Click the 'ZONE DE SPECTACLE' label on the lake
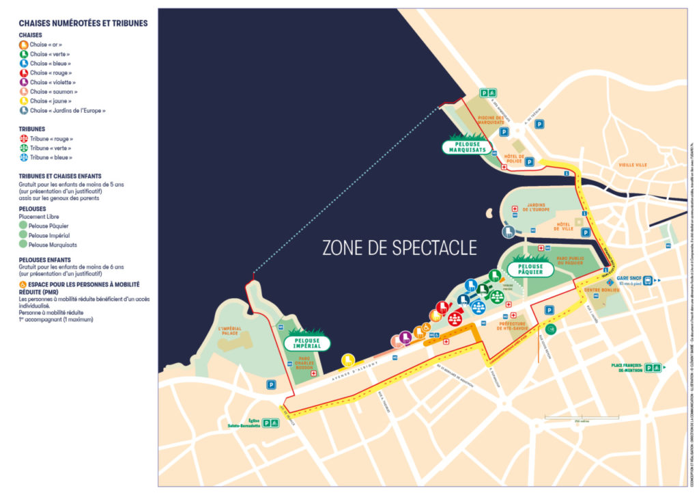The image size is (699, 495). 399,247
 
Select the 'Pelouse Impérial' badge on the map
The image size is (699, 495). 306,343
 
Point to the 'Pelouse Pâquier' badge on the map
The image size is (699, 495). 530,269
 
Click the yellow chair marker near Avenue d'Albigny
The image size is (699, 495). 348,359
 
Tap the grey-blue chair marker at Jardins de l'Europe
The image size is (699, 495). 508,232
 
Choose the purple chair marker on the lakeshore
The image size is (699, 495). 405,336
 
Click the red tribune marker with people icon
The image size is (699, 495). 455,318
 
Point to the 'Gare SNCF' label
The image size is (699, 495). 627,280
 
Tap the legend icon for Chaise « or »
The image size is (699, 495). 24,44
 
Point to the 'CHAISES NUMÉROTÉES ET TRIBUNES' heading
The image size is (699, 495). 83,23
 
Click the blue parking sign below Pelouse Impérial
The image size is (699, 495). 271,384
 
